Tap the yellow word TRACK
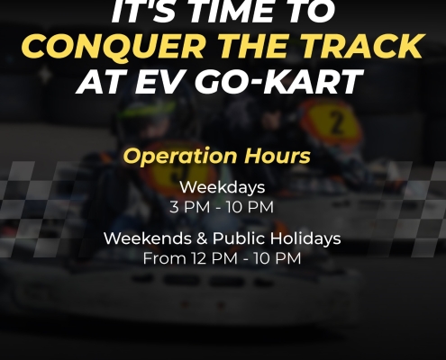pyautogui.click(x=358, y=46)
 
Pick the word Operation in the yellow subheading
pyautogui.click(x=180, y=156)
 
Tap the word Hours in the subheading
pyautogui.click(x=277, y=156)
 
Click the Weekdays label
pyautogui.click(x=223, y=187)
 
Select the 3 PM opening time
pyautogui.click(x=190, y=207)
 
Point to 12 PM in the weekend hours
pyautogui.click(x=214, y=258)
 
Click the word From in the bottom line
pyautogui.click(x=165, y=258)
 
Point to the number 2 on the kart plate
pyautogui.click(x=337, y=122)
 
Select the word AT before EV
pyautogui.click(x=101, y=82)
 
